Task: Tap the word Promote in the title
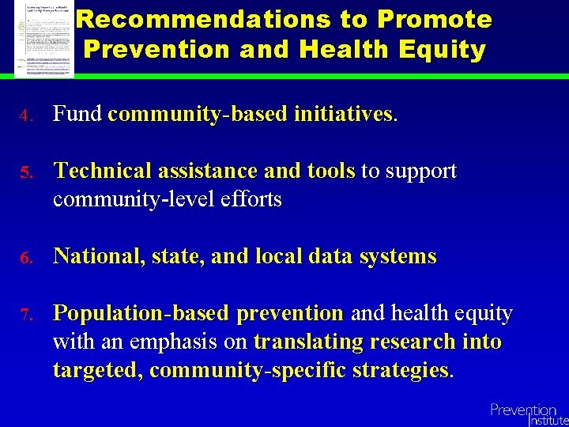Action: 435,19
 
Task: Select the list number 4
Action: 24,116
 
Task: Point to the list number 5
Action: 24,173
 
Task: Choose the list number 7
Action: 24,316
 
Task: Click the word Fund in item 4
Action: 77,115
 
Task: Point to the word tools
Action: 331,172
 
